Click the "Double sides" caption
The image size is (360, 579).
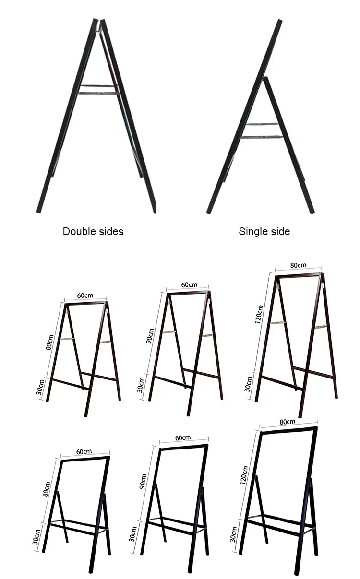click(x=93, y=231)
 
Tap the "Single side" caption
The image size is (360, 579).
click(x=264, y=231)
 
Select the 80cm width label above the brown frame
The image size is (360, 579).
click(x=298, y=265)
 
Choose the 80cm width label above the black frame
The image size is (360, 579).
click(x=288, y=421)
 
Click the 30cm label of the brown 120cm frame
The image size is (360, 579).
click(x=248, y=384)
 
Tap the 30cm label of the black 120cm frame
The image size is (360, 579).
click(x=234, y=534)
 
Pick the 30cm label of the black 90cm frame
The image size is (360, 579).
click(x=133, y=533)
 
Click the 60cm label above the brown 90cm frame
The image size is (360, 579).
click(x=189, y=285)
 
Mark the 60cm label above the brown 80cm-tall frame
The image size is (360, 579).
click(x=85, y=295)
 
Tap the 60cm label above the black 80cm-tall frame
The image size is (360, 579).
click(x=84, y=451)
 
